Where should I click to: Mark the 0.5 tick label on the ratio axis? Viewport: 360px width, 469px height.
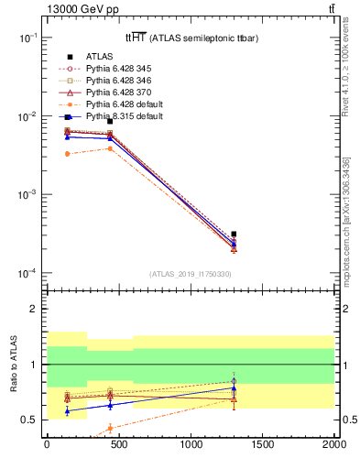coord(30,420)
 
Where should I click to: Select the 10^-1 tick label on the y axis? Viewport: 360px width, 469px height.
coord(27,38)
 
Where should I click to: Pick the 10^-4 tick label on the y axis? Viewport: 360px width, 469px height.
coord(27,274)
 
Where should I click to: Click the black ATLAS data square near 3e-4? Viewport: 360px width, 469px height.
coord(235,234)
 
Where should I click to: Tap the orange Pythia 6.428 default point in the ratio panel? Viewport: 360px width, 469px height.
coord(110,428)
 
